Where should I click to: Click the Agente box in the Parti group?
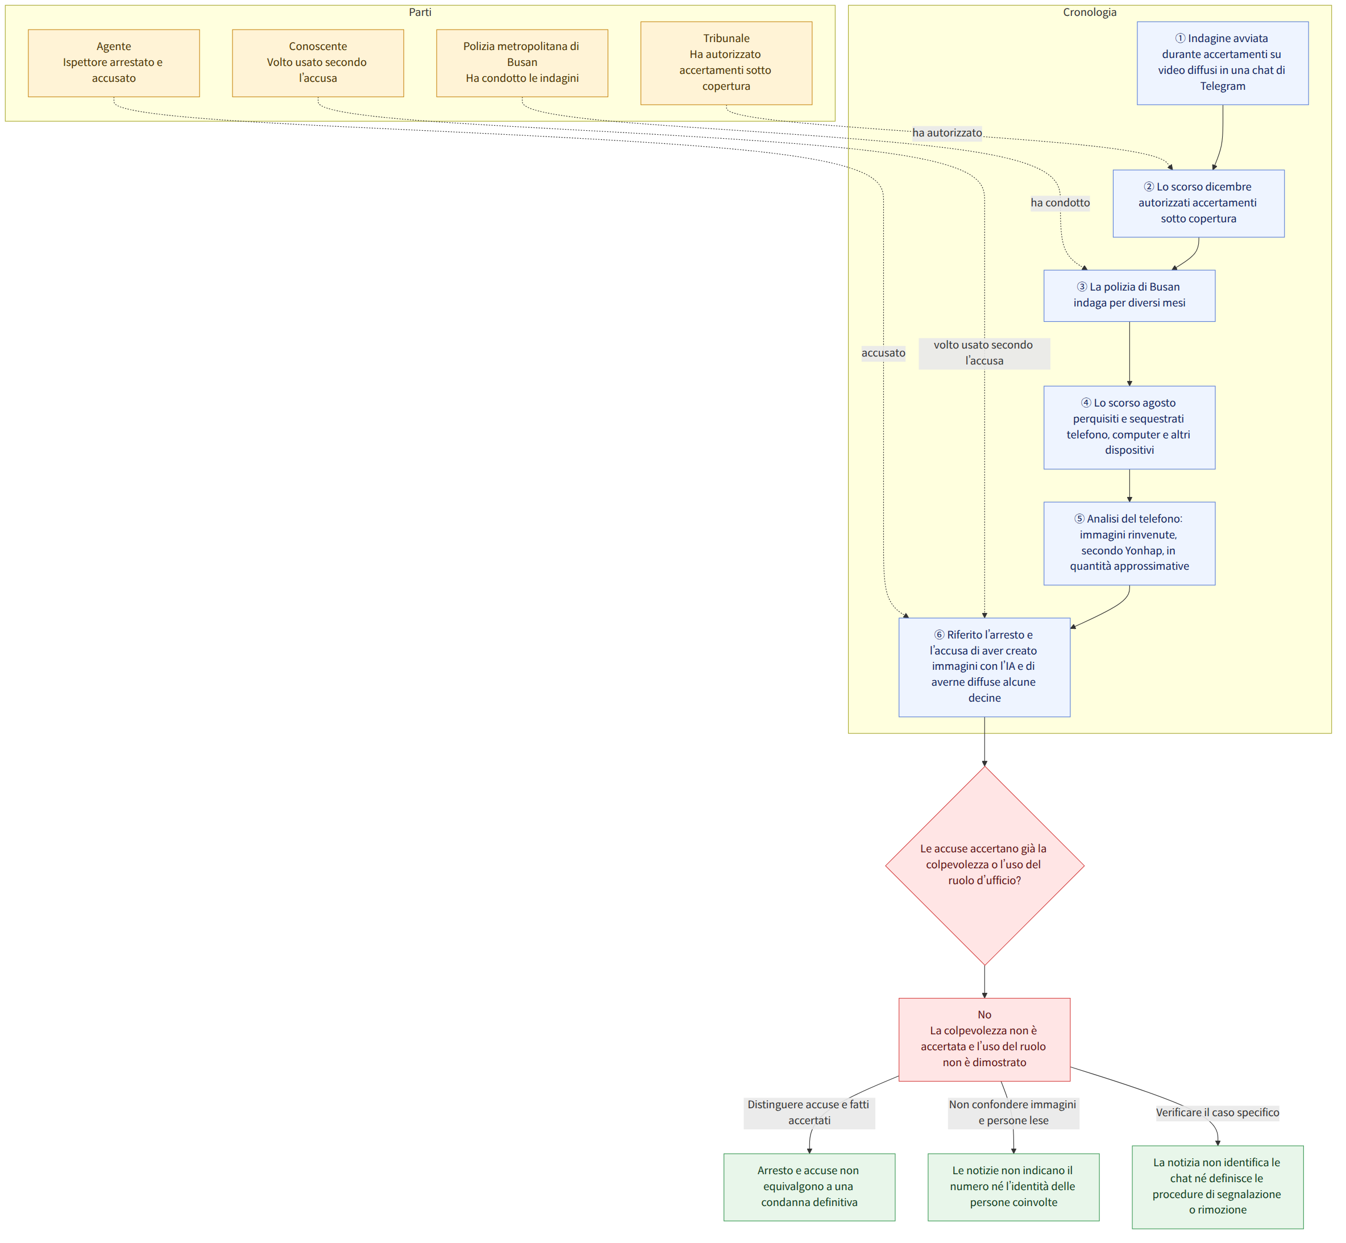point(114,63)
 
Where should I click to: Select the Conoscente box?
point(318,63)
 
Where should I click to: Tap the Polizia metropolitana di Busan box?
point(522,63)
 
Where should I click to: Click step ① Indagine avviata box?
point(1223,63)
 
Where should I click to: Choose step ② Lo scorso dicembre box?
point(1199,203)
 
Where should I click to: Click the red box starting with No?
point(985,1039)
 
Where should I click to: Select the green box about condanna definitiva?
point(809,1187)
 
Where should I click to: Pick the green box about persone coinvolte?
point(1014,1187)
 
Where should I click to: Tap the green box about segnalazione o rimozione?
point(1218,1187)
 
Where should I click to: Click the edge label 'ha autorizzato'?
point(948,133)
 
